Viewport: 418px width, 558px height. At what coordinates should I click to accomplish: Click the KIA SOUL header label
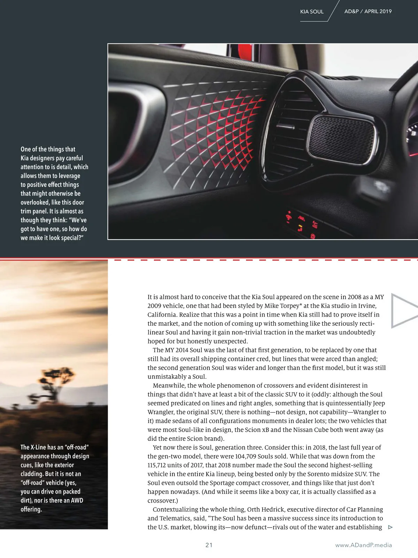click(312, 12)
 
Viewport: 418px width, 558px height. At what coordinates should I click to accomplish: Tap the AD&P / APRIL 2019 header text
click(368, 11)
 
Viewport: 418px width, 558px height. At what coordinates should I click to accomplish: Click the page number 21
click(209, 545)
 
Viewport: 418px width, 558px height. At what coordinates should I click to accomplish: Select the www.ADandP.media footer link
click(363, 545)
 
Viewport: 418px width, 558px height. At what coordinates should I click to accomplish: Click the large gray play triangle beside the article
click(403, 311)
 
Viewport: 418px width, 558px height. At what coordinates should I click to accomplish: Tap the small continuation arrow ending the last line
click(390, 527)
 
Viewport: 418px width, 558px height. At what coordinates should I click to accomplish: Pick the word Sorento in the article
click(338, 474)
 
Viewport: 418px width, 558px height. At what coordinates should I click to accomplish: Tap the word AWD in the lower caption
click(77, 500)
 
